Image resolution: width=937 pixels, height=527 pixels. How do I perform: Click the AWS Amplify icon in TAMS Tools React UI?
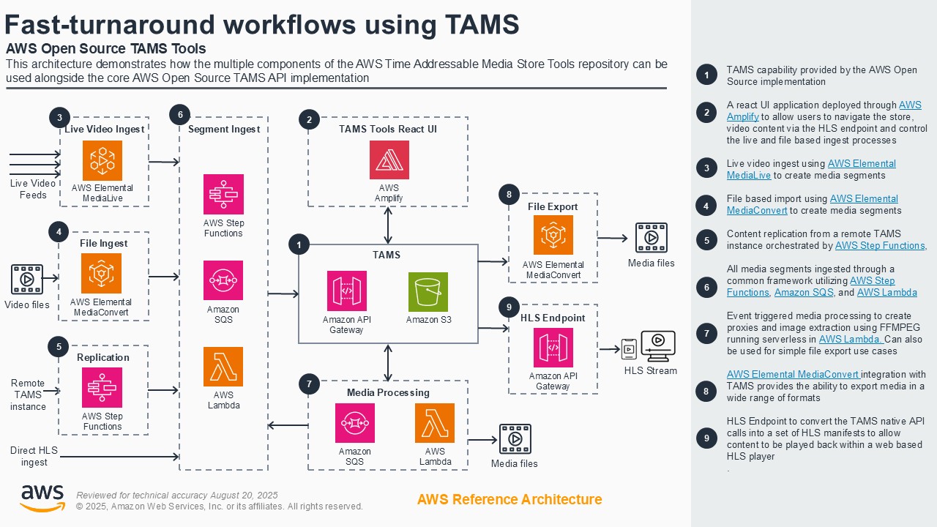(389, 160)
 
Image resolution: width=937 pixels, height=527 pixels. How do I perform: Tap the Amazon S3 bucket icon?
(428, 292)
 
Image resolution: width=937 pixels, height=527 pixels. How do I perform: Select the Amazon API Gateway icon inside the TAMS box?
(346, 291)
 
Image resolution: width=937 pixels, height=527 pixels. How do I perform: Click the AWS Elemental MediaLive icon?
(102, 161)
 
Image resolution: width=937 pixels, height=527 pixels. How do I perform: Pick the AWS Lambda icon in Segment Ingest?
(223, 367)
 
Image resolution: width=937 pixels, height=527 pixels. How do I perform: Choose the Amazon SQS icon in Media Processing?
(355, 423)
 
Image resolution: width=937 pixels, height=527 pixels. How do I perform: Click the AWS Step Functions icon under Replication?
(102, 388)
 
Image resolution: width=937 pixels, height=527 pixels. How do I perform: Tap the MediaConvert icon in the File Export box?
(553, 236)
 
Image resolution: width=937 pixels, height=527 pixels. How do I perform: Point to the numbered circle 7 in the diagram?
(309, 384)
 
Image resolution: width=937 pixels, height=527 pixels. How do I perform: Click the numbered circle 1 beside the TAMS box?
(299, 244)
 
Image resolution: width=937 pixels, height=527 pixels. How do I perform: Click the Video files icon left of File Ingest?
(26, 280)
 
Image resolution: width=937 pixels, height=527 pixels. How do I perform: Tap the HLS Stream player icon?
(657, 346)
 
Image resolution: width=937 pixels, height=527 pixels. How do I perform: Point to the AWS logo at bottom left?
(42, 498)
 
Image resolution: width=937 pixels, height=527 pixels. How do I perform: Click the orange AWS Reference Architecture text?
(509, 499)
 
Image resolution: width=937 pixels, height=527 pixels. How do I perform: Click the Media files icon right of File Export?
(651, 238)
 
